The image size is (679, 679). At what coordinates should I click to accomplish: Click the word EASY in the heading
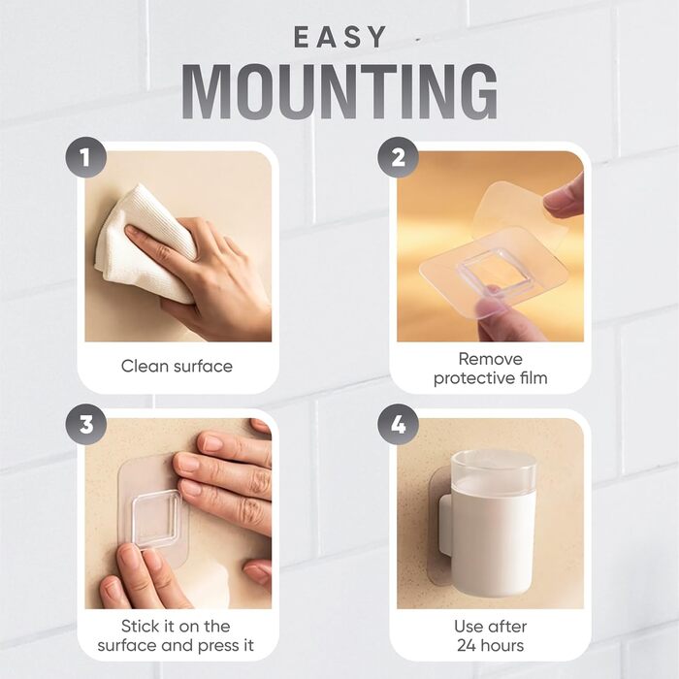click(339, 37)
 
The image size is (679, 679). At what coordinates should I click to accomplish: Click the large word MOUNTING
click(339, 92)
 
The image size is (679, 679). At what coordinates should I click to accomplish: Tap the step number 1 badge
click(85, 157)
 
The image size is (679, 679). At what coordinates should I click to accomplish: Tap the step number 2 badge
click(398, 157)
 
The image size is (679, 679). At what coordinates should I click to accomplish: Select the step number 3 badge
click(85, 424)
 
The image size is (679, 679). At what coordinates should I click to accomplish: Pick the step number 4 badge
click(398, 424)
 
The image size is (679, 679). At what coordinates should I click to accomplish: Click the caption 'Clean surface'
click(177, 367)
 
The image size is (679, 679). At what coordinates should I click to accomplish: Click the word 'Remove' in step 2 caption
click(490, 359)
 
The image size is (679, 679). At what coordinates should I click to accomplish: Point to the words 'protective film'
click(490, 378)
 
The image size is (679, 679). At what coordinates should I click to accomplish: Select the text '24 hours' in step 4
click(490, 646)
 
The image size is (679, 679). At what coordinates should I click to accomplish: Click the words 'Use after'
click(490, 627)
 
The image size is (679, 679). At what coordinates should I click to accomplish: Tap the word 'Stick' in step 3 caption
click(135, 627)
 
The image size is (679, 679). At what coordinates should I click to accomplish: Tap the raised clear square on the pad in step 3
click(156, 518)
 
